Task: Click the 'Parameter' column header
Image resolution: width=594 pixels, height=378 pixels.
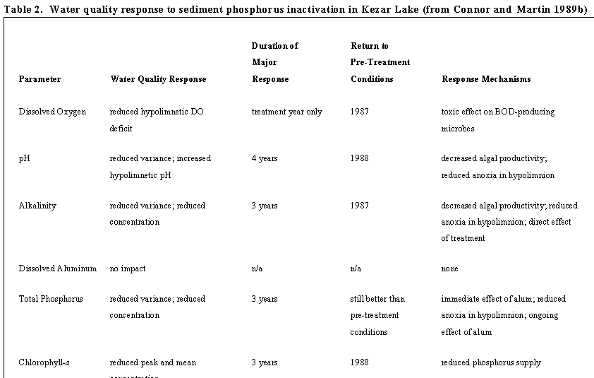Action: click(40, 79)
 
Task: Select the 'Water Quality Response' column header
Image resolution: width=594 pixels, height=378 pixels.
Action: click(158, 79)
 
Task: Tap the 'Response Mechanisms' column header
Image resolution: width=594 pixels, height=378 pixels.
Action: click(486, 79)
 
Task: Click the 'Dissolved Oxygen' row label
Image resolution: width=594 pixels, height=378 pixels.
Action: click(52, 112)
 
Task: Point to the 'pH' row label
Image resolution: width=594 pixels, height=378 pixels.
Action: click(23, 159)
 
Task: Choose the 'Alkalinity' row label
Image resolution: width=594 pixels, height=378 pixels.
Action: click(37, 206)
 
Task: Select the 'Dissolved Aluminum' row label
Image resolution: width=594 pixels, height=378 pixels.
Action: click(57, 268)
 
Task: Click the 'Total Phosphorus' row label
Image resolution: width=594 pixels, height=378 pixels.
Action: click(51, 299)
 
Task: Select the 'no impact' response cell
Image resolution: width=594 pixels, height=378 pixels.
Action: click(128, 268)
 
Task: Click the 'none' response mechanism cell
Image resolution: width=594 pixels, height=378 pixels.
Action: click(449, 268)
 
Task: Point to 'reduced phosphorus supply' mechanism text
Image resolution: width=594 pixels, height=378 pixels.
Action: click(491, 362)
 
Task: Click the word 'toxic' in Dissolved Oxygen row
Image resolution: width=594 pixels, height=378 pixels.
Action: click(450, 112)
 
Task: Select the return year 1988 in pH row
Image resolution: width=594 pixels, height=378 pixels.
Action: click(359, 158)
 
